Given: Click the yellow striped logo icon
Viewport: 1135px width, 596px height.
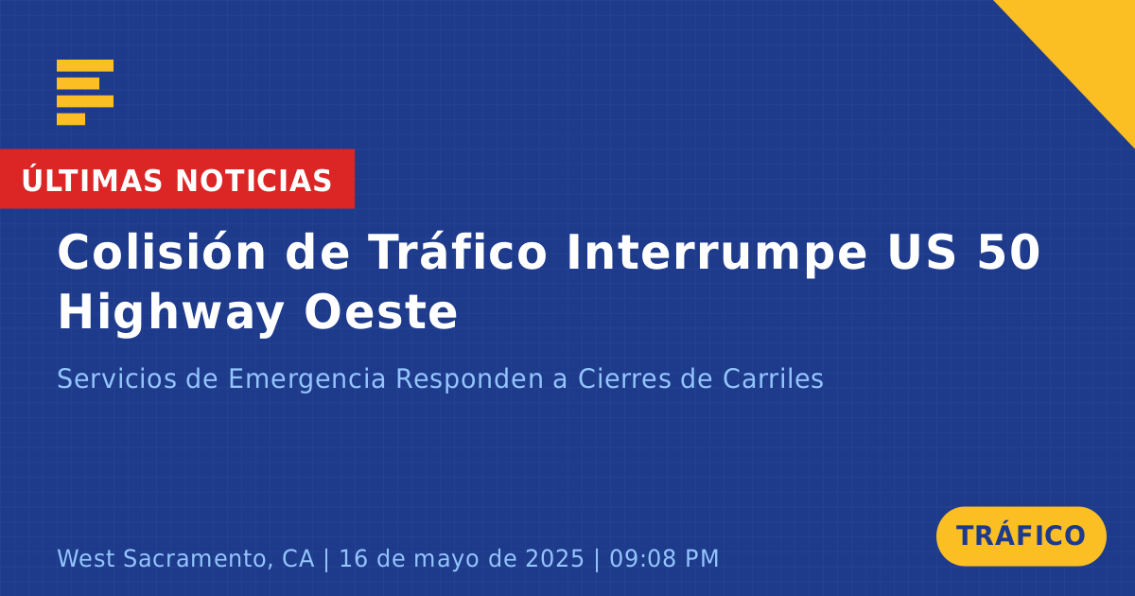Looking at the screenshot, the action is (x=85, y=93).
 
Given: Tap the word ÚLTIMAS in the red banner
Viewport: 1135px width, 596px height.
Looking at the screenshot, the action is (x=92, y=181).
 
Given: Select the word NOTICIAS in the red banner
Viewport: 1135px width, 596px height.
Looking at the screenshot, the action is (x=253, y=181).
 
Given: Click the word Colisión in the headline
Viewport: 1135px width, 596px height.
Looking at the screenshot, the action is (x=161, y=252).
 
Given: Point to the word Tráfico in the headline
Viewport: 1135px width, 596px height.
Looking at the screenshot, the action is (x=458, y=252).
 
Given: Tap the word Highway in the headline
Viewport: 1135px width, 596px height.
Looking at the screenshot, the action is (x=171, y=313).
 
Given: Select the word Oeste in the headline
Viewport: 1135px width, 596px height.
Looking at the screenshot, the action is (x=380, y=312).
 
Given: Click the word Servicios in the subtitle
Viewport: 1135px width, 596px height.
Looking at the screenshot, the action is (x=116, y=378).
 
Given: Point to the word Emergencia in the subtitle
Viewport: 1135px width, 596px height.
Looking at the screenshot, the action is (x=306, y=379).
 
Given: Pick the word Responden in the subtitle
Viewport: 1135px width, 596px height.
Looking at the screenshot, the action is (x=470, y=379).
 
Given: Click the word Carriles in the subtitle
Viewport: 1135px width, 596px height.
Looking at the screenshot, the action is (x=773, y=378).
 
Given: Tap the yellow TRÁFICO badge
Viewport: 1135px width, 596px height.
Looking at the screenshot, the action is (x=1021, y=536).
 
